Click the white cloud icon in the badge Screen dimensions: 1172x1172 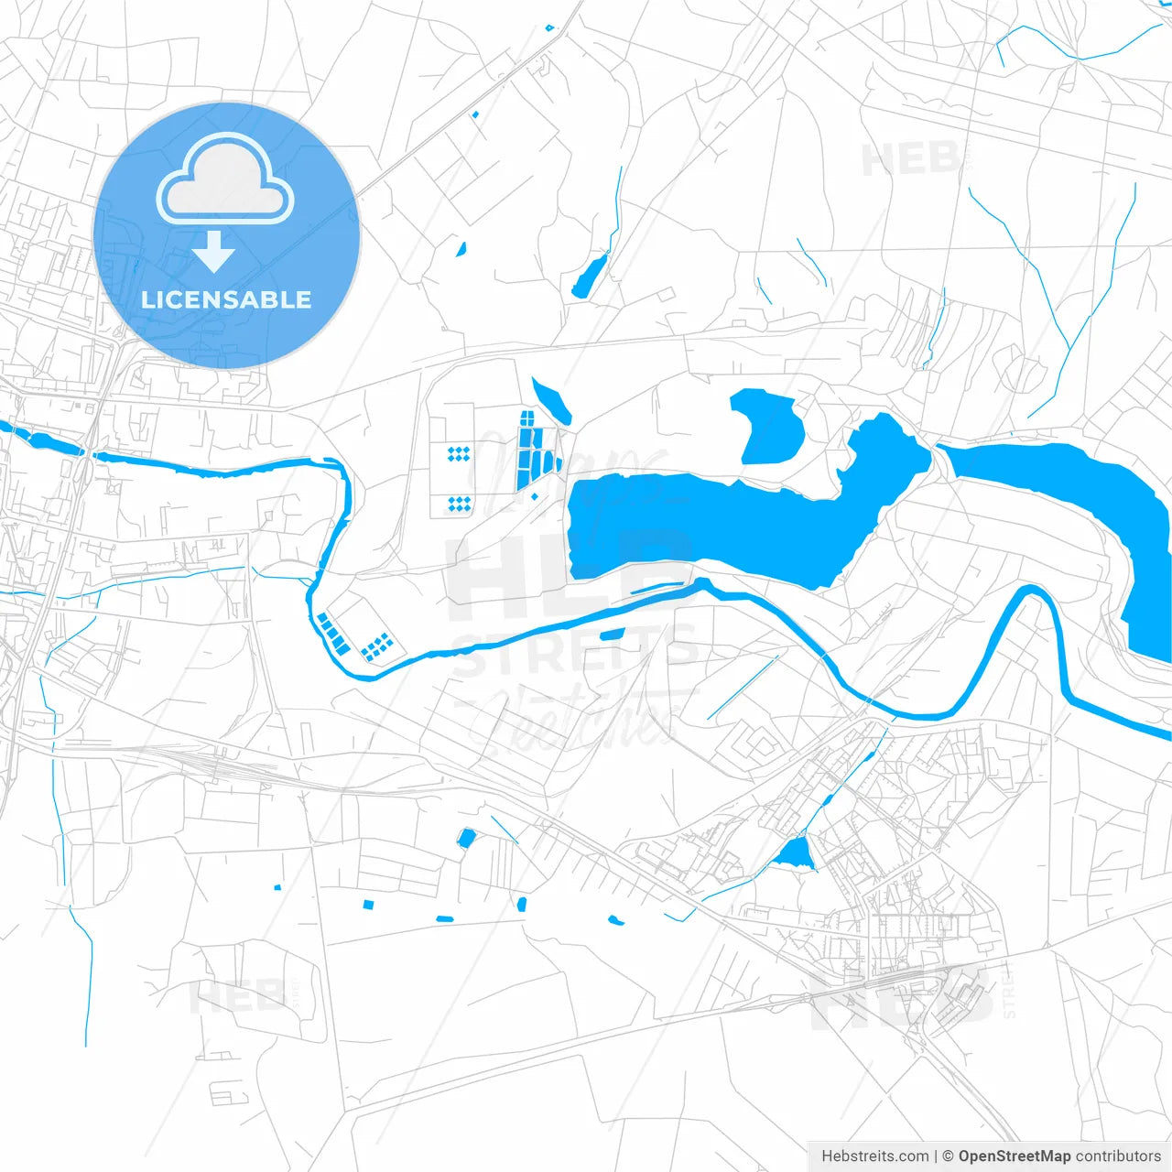tap(225, 179)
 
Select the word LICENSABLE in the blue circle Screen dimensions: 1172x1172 tap(226, 299)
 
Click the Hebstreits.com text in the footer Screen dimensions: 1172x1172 tap(874, 1156)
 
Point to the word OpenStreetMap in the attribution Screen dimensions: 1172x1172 tap(1014, 1156)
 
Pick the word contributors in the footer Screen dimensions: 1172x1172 tap(1118, 1156)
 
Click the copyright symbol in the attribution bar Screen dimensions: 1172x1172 tap(949, 1156)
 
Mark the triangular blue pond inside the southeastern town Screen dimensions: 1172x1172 tap(795, 855)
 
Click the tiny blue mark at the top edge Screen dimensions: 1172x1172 tap(549, 28)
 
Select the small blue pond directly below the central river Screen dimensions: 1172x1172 tap(612, 635)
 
